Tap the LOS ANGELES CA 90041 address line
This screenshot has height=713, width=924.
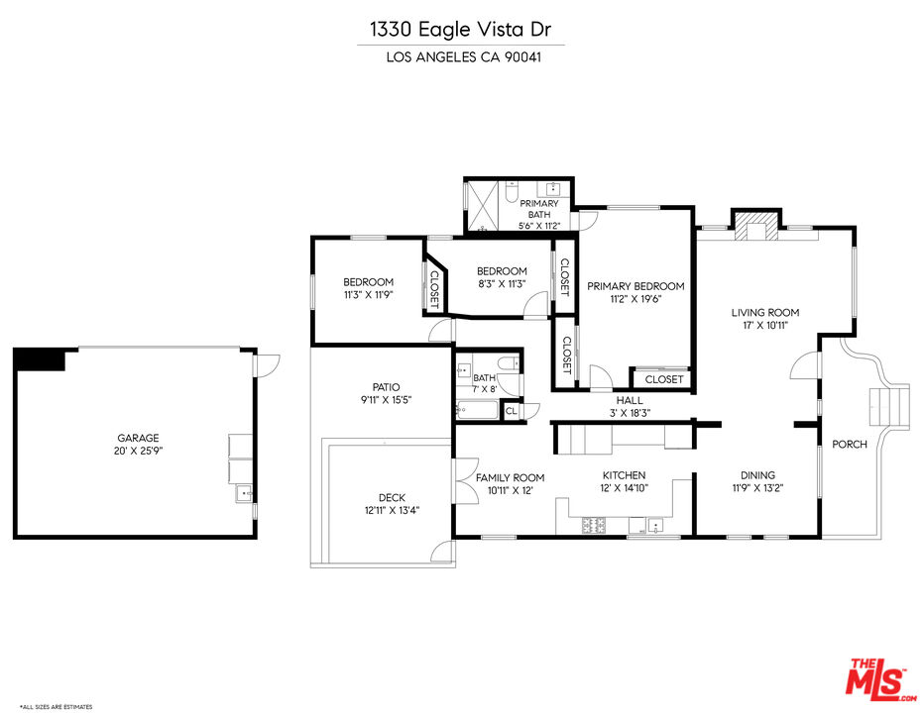point(461,56)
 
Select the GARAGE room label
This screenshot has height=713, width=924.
point(138,438)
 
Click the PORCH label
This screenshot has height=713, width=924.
point(849,444)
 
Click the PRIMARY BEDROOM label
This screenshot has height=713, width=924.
point(635,286)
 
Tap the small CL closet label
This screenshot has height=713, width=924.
point(511,411)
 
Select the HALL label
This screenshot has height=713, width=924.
point(630,401)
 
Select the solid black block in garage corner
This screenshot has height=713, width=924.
point(40,359)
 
